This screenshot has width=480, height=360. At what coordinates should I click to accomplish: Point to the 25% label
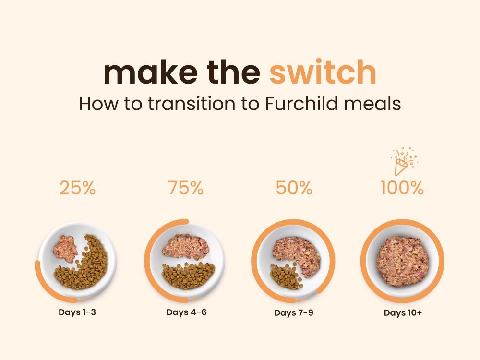(77, 188)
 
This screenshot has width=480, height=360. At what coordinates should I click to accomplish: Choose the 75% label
(185, 188)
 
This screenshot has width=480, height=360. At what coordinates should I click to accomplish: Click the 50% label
(294, 188)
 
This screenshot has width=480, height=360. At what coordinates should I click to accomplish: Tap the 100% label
(402, 188)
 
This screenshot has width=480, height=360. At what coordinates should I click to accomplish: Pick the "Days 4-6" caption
(186, 312)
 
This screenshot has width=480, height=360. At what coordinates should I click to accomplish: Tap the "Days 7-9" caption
(294, 313)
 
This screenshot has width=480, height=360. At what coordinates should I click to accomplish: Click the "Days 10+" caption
(403, 313)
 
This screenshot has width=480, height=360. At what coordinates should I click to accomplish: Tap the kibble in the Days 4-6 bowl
(188, 276)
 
